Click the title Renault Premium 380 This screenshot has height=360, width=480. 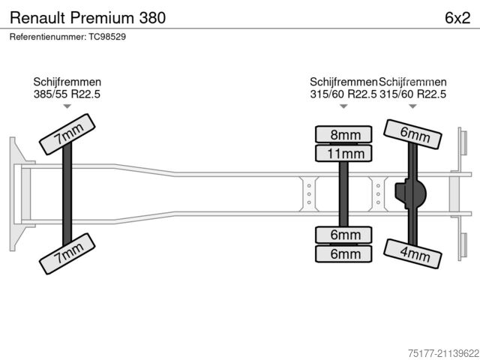(88, 17)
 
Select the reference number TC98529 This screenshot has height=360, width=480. (67, 37)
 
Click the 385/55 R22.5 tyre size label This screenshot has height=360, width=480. (67, 94)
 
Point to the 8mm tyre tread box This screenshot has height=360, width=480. (344, 135)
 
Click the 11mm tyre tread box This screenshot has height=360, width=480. (344, 154)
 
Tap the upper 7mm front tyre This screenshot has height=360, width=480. (67, 135)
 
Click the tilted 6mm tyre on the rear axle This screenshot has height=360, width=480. (413, 135)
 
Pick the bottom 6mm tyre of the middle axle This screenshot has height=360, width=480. (344, 253)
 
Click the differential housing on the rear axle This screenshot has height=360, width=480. (412, 193)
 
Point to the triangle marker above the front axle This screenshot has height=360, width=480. (67, 106)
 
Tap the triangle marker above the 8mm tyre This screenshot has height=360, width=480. (343, 106)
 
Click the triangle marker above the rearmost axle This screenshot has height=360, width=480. (412, 106)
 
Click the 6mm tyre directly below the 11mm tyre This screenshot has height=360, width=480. (344, 235)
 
